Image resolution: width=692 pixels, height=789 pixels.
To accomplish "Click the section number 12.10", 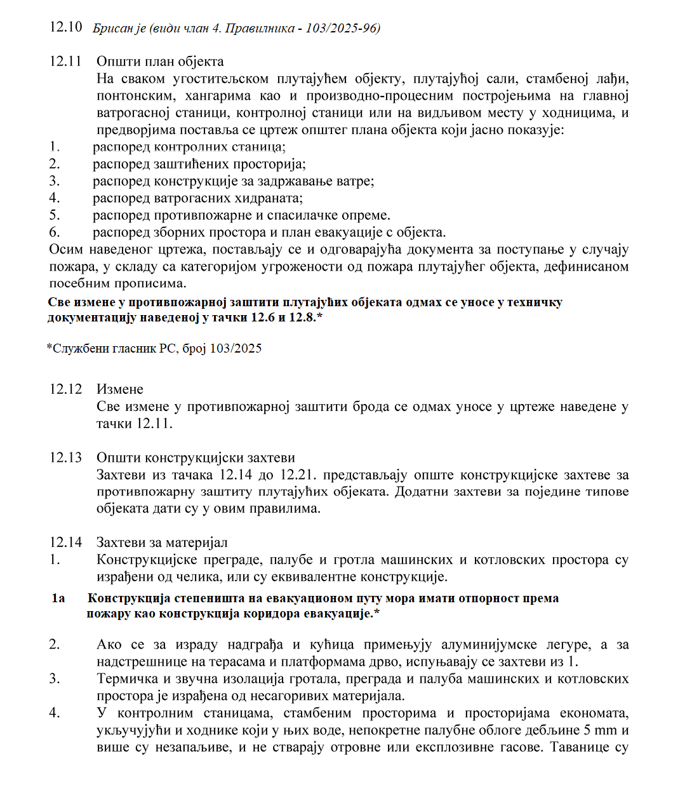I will pos(65,27).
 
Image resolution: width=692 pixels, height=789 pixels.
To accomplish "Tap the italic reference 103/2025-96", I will pos(342,28).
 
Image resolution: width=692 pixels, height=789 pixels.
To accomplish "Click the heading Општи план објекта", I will pos(160,62).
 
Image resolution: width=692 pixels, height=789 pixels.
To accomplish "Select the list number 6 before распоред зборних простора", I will pos(55,233).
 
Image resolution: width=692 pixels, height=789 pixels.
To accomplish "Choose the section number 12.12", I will pos(65,389).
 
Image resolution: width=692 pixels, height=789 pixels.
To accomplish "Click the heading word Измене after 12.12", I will pos(120,389).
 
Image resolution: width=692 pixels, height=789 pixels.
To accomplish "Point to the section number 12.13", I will pos(65,458).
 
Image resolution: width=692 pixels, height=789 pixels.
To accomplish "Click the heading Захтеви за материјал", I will pos(162,543).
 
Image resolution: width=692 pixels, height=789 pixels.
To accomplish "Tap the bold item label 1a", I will pos(58,598).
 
